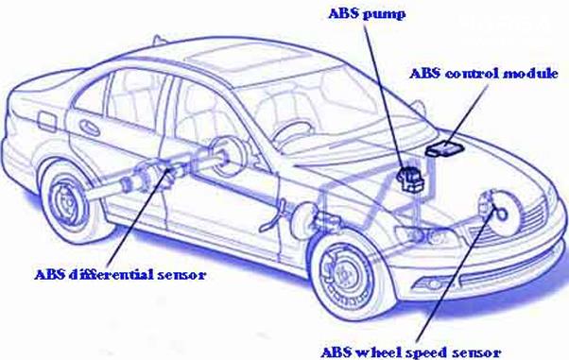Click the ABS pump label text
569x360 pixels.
(x=367, y=14)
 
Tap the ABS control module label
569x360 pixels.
(x=484, y=74)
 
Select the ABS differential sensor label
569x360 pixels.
(x=120, y=274)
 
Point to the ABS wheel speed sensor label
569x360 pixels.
(x=411, y=352)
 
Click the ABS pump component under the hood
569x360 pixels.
(x=410, y=178)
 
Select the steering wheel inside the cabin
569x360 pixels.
(x=291, y=131)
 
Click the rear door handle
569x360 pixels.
(x=90, y=128)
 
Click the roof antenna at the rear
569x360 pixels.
(x=157, y=39)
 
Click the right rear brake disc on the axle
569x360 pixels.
(x=226, y=157)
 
